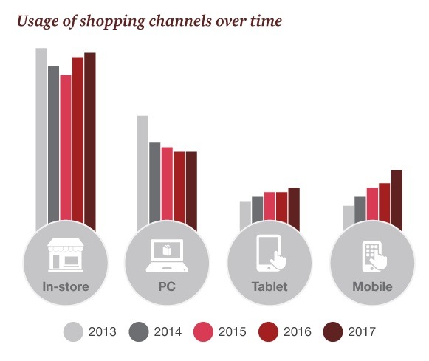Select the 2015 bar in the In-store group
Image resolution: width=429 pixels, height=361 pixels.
66,148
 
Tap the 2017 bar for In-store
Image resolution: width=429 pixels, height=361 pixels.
90,142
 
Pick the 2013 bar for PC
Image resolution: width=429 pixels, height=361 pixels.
143,173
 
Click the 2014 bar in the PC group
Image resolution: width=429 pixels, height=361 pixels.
155,182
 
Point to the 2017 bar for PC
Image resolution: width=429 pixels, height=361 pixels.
191,191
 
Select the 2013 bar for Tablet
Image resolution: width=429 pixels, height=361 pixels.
245,216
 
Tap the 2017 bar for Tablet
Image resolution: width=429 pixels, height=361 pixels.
294,209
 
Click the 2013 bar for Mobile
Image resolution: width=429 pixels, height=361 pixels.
348,219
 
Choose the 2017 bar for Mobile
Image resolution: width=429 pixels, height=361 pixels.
397,200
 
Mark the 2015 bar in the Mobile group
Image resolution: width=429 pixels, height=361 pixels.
372,204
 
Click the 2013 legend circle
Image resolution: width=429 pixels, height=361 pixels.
73,331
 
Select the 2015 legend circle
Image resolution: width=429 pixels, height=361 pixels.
203,331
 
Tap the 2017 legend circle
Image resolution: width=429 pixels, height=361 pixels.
333,331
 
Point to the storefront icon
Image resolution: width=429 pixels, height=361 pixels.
66,255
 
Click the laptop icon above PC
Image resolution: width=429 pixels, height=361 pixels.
167,255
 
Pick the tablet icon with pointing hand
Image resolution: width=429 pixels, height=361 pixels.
270,253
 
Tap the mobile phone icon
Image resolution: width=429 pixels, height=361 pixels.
374,256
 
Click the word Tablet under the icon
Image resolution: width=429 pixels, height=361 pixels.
270,286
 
